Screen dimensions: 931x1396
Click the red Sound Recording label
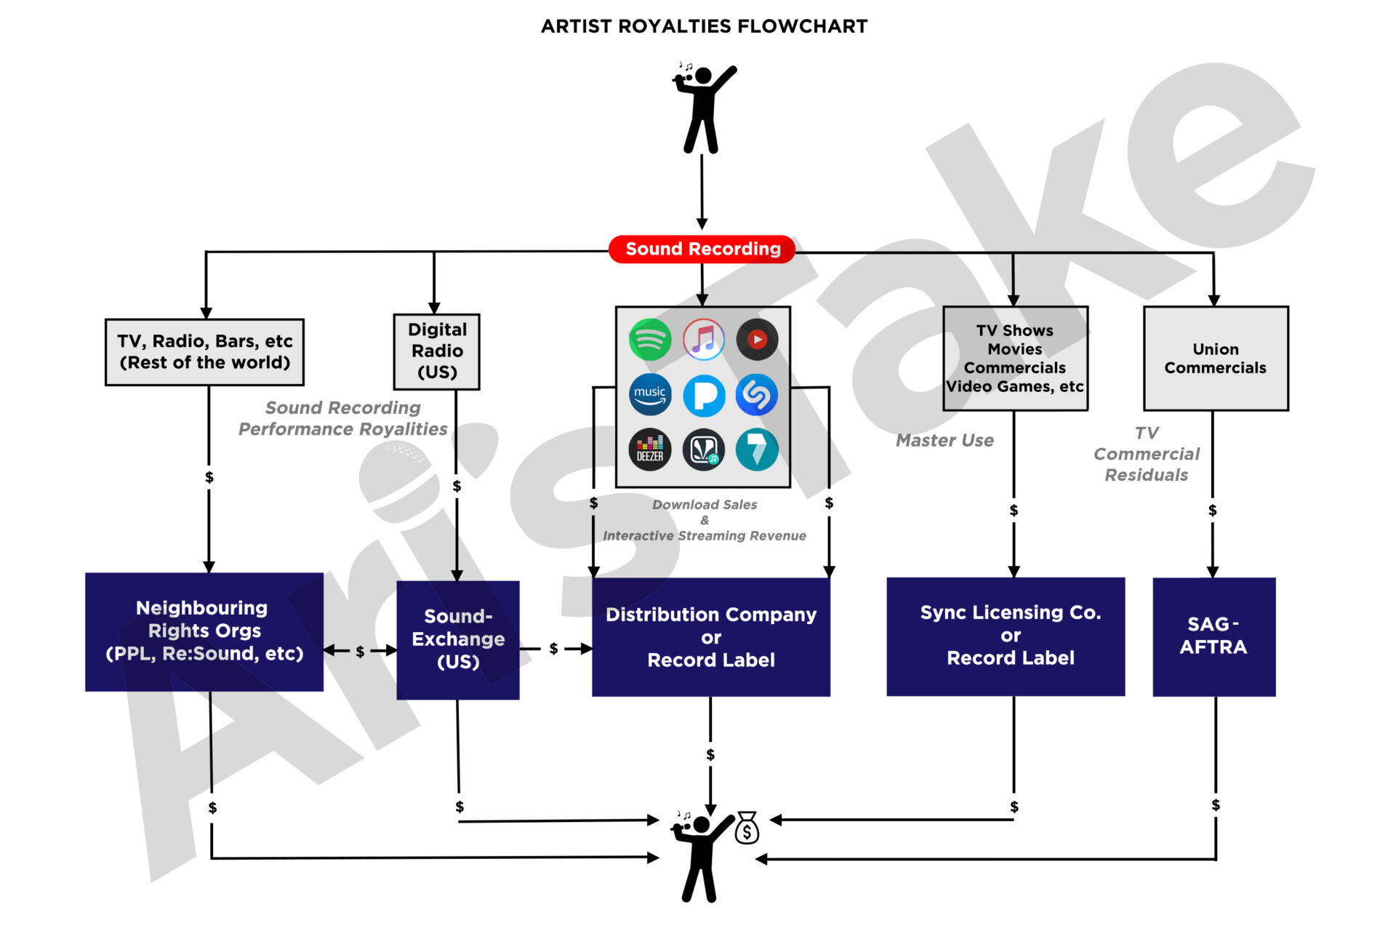click(x=702, y=249)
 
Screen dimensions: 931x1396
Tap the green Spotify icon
click(x=649, y=340)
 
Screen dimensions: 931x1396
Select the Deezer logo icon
click(x=649, y=449)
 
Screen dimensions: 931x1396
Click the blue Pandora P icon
click(x=704, y=396)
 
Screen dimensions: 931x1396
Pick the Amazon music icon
click(x=649, y=395)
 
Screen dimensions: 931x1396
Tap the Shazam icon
click(x=757, y=395)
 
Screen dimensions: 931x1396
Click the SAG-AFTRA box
click(x=1214, y=636)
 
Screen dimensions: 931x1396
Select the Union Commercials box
click(x=1216, y=358)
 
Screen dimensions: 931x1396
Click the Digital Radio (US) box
click(x=437, y=351)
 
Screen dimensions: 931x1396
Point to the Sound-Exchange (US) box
click(x=458, y=639)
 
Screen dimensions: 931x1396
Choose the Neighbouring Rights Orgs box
click(x=204, y=631)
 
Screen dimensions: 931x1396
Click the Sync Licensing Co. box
click(x=1006, y=636)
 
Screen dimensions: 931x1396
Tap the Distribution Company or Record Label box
click(x=711, y=637)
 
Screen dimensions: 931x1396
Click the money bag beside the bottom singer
click(x=747, y=828)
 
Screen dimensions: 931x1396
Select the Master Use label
click(x=944, y=440)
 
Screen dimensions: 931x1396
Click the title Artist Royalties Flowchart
click(x=704, y=26)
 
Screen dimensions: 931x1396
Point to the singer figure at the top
click(x=702, y=109)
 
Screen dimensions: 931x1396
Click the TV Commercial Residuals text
click(x=1147, y=454)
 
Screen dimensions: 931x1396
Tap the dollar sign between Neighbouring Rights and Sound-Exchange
click(x=360, y=652)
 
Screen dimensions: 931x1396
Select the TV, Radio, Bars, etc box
click(x=204, y=352)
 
